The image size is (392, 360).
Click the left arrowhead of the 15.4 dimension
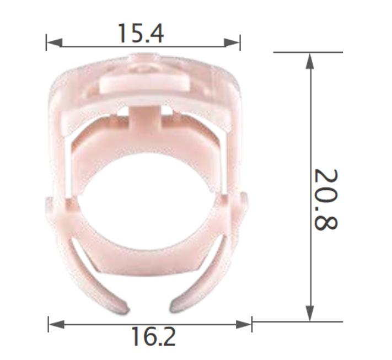53,42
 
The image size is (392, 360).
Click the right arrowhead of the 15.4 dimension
233,42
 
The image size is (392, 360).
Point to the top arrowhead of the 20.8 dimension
310,60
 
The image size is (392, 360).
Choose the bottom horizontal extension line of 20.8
298,321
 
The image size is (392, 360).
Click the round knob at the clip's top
145,62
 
